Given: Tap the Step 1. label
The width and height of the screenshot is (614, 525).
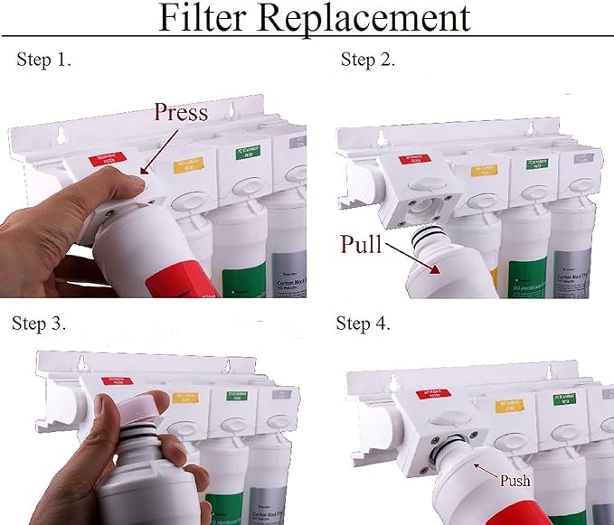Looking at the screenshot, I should pos(44,60).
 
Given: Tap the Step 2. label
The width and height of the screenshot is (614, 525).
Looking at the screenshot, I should pos(368,60).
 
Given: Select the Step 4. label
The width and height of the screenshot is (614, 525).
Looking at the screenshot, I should pos(364,323).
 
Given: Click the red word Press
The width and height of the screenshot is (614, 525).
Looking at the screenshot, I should pos(181,112).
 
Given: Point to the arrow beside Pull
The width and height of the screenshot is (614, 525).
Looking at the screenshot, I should pos(417,259).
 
